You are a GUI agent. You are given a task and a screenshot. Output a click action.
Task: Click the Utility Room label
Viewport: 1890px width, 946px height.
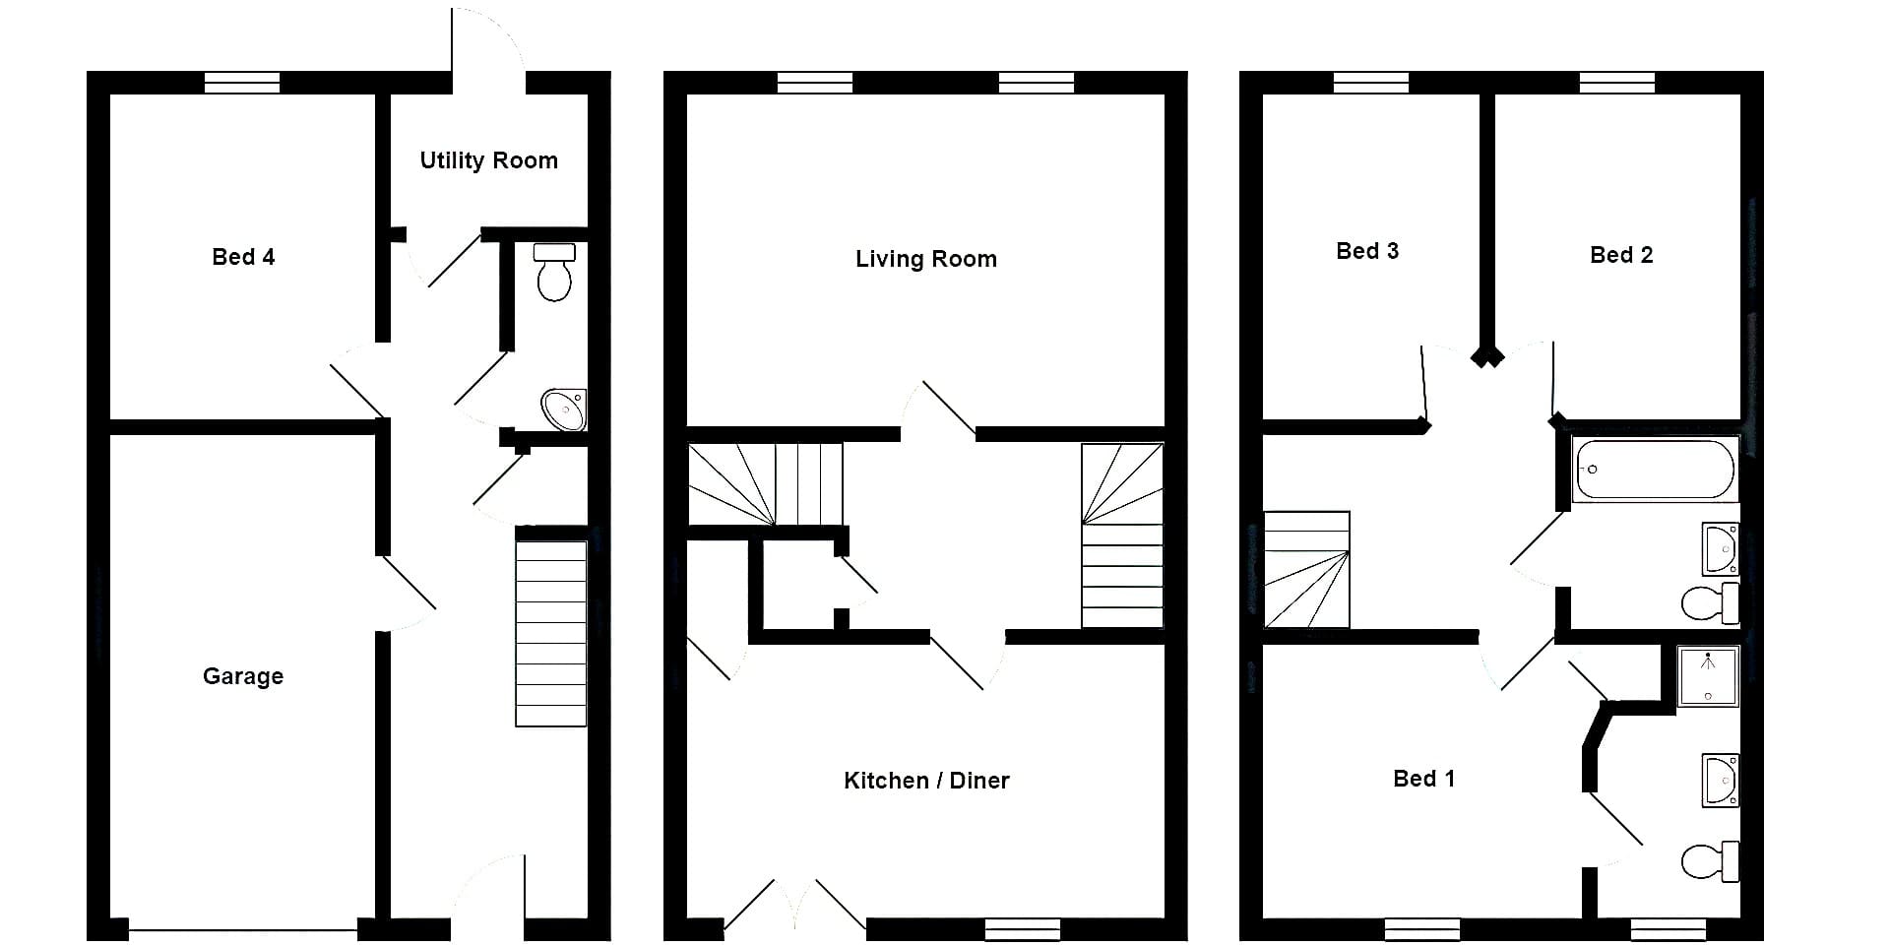(x=488, y=160)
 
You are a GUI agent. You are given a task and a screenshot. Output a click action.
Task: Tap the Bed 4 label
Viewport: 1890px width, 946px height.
(x=243, y=257)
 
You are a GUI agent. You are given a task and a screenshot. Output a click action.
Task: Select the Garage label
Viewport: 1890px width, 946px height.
(x=243, y=676)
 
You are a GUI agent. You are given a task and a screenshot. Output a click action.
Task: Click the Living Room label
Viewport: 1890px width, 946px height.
(x=925, y=259)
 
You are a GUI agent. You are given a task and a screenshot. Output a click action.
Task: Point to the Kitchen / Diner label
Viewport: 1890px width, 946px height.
(x=926, y=781)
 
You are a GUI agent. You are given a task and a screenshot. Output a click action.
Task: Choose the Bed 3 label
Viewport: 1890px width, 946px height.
(x=1367, y=251)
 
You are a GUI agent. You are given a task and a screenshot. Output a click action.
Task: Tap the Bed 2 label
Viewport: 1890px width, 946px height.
(x=1621, y=255)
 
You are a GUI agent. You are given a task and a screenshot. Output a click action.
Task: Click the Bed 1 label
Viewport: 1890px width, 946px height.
(x=1423, y=779)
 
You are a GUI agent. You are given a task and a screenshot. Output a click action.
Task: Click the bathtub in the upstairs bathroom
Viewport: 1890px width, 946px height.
(x=1655, y=470)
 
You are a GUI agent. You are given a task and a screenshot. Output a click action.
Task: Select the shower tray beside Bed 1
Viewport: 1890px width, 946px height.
(x=1708, y=675)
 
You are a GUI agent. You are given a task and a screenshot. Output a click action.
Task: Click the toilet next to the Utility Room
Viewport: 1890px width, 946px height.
(x=554, y=272)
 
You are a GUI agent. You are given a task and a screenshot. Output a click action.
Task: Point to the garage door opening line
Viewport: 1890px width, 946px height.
(x=243, y=929)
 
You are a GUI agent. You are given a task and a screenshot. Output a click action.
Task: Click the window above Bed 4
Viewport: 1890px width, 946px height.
(x=242, y=83)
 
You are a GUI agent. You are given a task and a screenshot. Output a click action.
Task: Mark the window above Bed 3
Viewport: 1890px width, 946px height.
(x=1371, y=83)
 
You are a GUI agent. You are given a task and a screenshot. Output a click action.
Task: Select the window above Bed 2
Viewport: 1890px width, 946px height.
(x=1617, y=83)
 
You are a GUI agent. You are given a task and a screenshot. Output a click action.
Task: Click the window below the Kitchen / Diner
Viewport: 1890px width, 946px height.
(x=1023, y=929)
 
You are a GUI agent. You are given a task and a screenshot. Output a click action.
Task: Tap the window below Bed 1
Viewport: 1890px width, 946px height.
(x=1422, y=929)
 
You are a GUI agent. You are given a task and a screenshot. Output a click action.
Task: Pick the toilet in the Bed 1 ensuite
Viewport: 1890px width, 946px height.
(x=1711, y=861)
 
